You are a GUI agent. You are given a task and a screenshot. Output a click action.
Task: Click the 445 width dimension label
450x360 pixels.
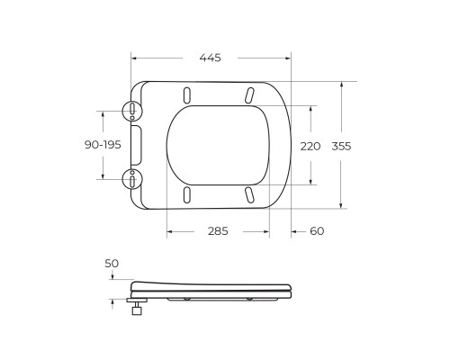pos(210,58)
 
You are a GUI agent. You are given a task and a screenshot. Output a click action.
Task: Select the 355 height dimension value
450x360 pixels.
pos(341,147)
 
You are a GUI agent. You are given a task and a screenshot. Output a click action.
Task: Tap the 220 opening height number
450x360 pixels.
pos(310,147)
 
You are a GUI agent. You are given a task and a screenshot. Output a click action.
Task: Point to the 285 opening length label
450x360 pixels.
pos(218,231)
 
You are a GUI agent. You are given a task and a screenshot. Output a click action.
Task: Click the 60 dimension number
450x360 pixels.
pos(317,231)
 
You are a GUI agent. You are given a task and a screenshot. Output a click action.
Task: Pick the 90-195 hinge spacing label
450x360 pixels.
pos(103,145)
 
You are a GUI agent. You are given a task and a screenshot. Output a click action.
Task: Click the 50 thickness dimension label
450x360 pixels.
pos(112,264)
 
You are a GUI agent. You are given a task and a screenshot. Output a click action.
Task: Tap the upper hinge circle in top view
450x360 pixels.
pos(132,111)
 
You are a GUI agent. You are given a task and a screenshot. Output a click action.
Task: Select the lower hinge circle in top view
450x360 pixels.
pos(132,179)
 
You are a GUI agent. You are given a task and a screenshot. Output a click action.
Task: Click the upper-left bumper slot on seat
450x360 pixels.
pos(186,95)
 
